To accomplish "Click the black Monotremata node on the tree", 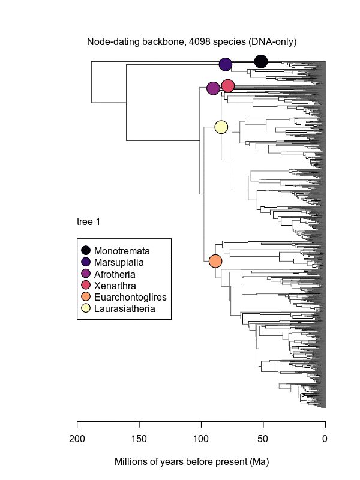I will (x=261, y=61).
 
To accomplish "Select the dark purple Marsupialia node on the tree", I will (x=226, y=64).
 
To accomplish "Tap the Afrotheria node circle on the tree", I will (x=213, y=89).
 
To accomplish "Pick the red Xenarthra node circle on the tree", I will (x=227, y=86).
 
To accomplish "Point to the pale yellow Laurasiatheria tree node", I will (x=221, y=127).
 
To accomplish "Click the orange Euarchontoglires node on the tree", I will (x=215, y=261).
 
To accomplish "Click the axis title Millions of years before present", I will (x=191, y=463).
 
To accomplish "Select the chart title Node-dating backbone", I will (x=192, y=42).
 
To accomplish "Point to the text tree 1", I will (x=88, y=222).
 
